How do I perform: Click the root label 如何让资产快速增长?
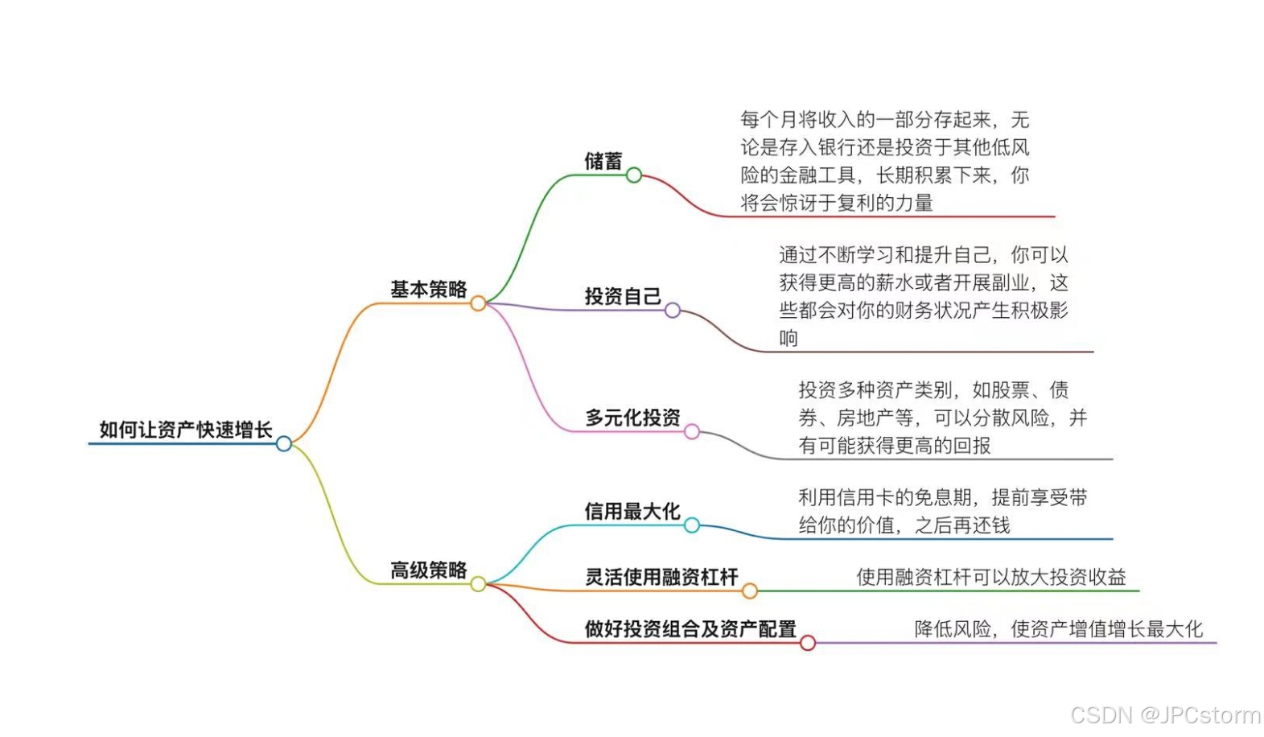[x=185, y=430]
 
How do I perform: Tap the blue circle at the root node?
[x=284, y=443]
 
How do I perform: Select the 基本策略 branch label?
[x=428, y=290]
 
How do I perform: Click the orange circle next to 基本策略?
[x=478, y=303]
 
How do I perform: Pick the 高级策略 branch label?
[x=428, y=570]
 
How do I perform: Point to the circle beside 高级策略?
[x=478, y=583]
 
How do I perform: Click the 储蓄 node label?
[x=603, y=162]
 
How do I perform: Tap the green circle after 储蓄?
[x=634, y=175]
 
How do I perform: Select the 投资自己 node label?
[x=622, y=297]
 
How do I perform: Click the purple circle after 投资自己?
[x=673, y=310]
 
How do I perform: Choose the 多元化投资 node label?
[x=632, y=418]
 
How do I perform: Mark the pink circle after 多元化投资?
[x=692, y=432]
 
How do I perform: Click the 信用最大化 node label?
[x=632, y=512]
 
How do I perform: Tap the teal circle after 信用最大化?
[x=692, y=525]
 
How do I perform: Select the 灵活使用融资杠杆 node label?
[x=661, y=578]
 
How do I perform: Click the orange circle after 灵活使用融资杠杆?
[x=750, y=591]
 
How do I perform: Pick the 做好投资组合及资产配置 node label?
[x=690, y=629]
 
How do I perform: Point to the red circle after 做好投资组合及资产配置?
[x=808, y=643]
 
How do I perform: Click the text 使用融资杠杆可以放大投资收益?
[x=990, y=577]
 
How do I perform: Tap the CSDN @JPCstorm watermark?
[x=1165, y=714]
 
